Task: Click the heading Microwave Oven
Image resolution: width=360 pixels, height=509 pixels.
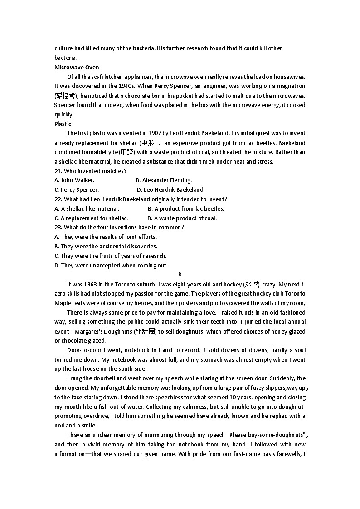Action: point(77,67)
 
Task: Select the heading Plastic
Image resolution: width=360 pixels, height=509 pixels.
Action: point(63,124)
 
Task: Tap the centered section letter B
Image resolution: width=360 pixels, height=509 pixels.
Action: point(180,275)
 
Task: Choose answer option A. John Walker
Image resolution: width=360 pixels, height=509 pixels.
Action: point(74,180)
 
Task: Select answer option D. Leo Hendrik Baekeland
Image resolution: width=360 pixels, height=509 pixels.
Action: point(170,190)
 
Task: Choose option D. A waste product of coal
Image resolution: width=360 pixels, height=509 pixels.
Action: point(182,218)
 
